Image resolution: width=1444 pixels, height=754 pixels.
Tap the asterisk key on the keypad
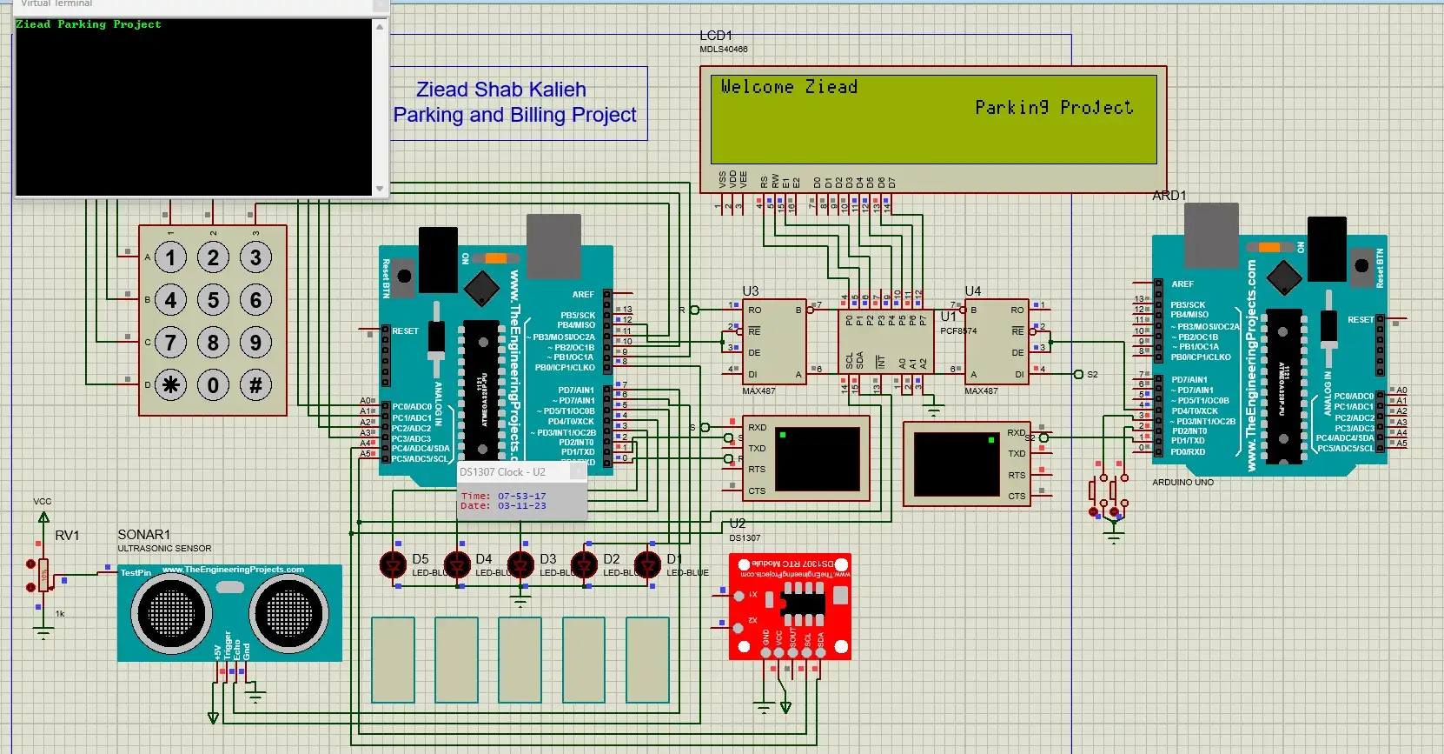click(x=170, y=385)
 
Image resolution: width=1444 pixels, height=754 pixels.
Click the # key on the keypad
click(x=255, y=385)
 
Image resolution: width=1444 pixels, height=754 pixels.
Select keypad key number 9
click(x=255, y=343)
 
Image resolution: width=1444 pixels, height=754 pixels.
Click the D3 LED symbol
click(x=520, y=565)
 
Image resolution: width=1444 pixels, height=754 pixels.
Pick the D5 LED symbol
click(x=394, y=565)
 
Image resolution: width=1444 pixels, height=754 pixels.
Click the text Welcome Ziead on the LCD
click(x=788, y=87)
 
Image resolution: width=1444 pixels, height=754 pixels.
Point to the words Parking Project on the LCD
click(x=1053, y=108)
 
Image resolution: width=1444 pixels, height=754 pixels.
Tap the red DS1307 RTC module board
click(x=789, y=606)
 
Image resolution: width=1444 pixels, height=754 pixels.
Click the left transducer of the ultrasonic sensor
click(x=171, y=614)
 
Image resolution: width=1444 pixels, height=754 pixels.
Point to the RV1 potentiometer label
click(x=67, y=536)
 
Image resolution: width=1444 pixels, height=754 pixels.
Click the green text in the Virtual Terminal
click(x=89, y=24)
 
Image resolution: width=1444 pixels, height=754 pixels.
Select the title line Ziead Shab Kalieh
click(x=500, y=90)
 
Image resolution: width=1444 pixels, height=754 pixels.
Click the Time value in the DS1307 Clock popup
click(x=521, y=496)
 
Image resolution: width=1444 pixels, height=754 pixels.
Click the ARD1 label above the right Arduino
click(x=1169, y=196)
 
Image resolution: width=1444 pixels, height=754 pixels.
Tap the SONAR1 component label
click(x=144, y=535)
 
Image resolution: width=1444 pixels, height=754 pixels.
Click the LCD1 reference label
click(x=716, y=36)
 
